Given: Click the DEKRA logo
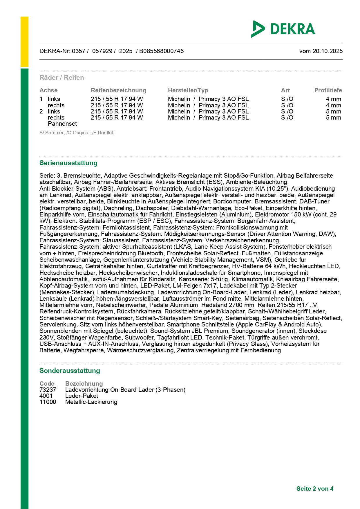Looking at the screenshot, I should (x=283, y=29).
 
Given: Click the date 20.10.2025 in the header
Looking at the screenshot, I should (x=328, y=51).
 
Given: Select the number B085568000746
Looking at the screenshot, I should (x=161, y=51).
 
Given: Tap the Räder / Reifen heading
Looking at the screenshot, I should (x=62, y=77).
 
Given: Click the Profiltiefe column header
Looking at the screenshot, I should (x=328, y=90).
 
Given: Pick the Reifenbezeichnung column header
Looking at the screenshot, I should (x=118, y=90).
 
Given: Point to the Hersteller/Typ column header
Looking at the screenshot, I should (x=188, y=90).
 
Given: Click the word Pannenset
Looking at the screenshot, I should (x=62, y=124).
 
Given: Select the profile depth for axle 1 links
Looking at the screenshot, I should (x=333, y=99).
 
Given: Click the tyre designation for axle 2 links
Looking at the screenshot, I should (x=117, y=111).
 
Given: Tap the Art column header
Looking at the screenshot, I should (x=285, y=90).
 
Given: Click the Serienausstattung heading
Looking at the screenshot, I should (x=68, y=163).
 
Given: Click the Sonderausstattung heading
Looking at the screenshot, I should (x=70, y=371).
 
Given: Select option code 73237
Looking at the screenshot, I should (x=48, y=390).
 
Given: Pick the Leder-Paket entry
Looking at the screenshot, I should (x=82, y=396).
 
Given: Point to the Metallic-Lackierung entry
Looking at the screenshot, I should (x=91, y=402).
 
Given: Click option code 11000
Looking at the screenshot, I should (x=48, y=402).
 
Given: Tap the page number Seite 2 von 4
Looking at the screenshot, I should (x=315, y=489).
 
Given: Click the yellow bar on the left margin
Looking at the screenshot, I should (x=24, y=42).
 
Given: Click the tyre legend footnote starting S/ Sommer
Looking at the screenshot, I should (x=77, y=133).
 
